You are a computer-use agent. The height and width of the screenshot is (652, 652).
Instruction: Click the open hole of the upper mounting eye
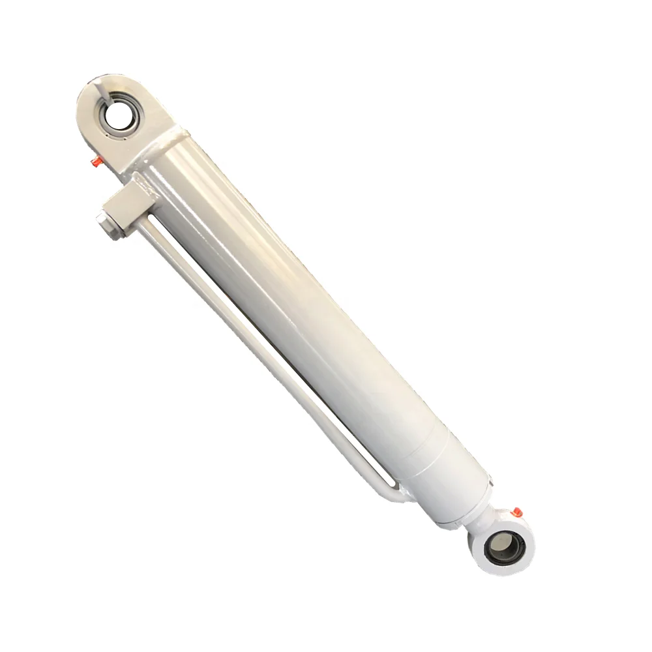(120, 117)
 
